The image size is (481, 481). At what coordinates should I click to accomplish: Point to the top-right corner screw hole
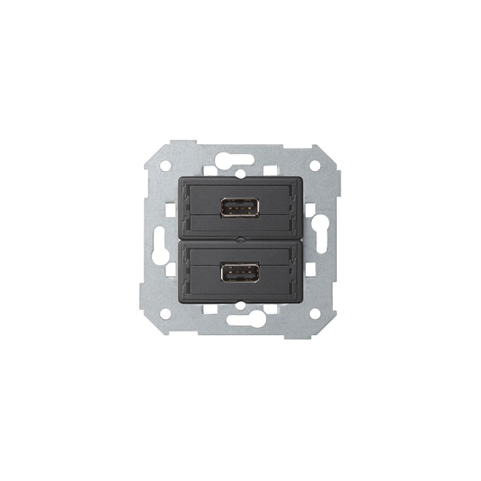coord(316,163)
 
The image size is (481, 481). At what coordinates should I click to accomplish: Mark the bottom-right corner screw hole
coord(316,313)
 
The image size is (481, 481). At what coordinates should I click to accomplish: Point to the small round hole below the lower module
coord(240,304)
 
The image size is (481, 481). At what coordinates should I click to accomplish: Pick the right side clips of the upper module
coord(298,207)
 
